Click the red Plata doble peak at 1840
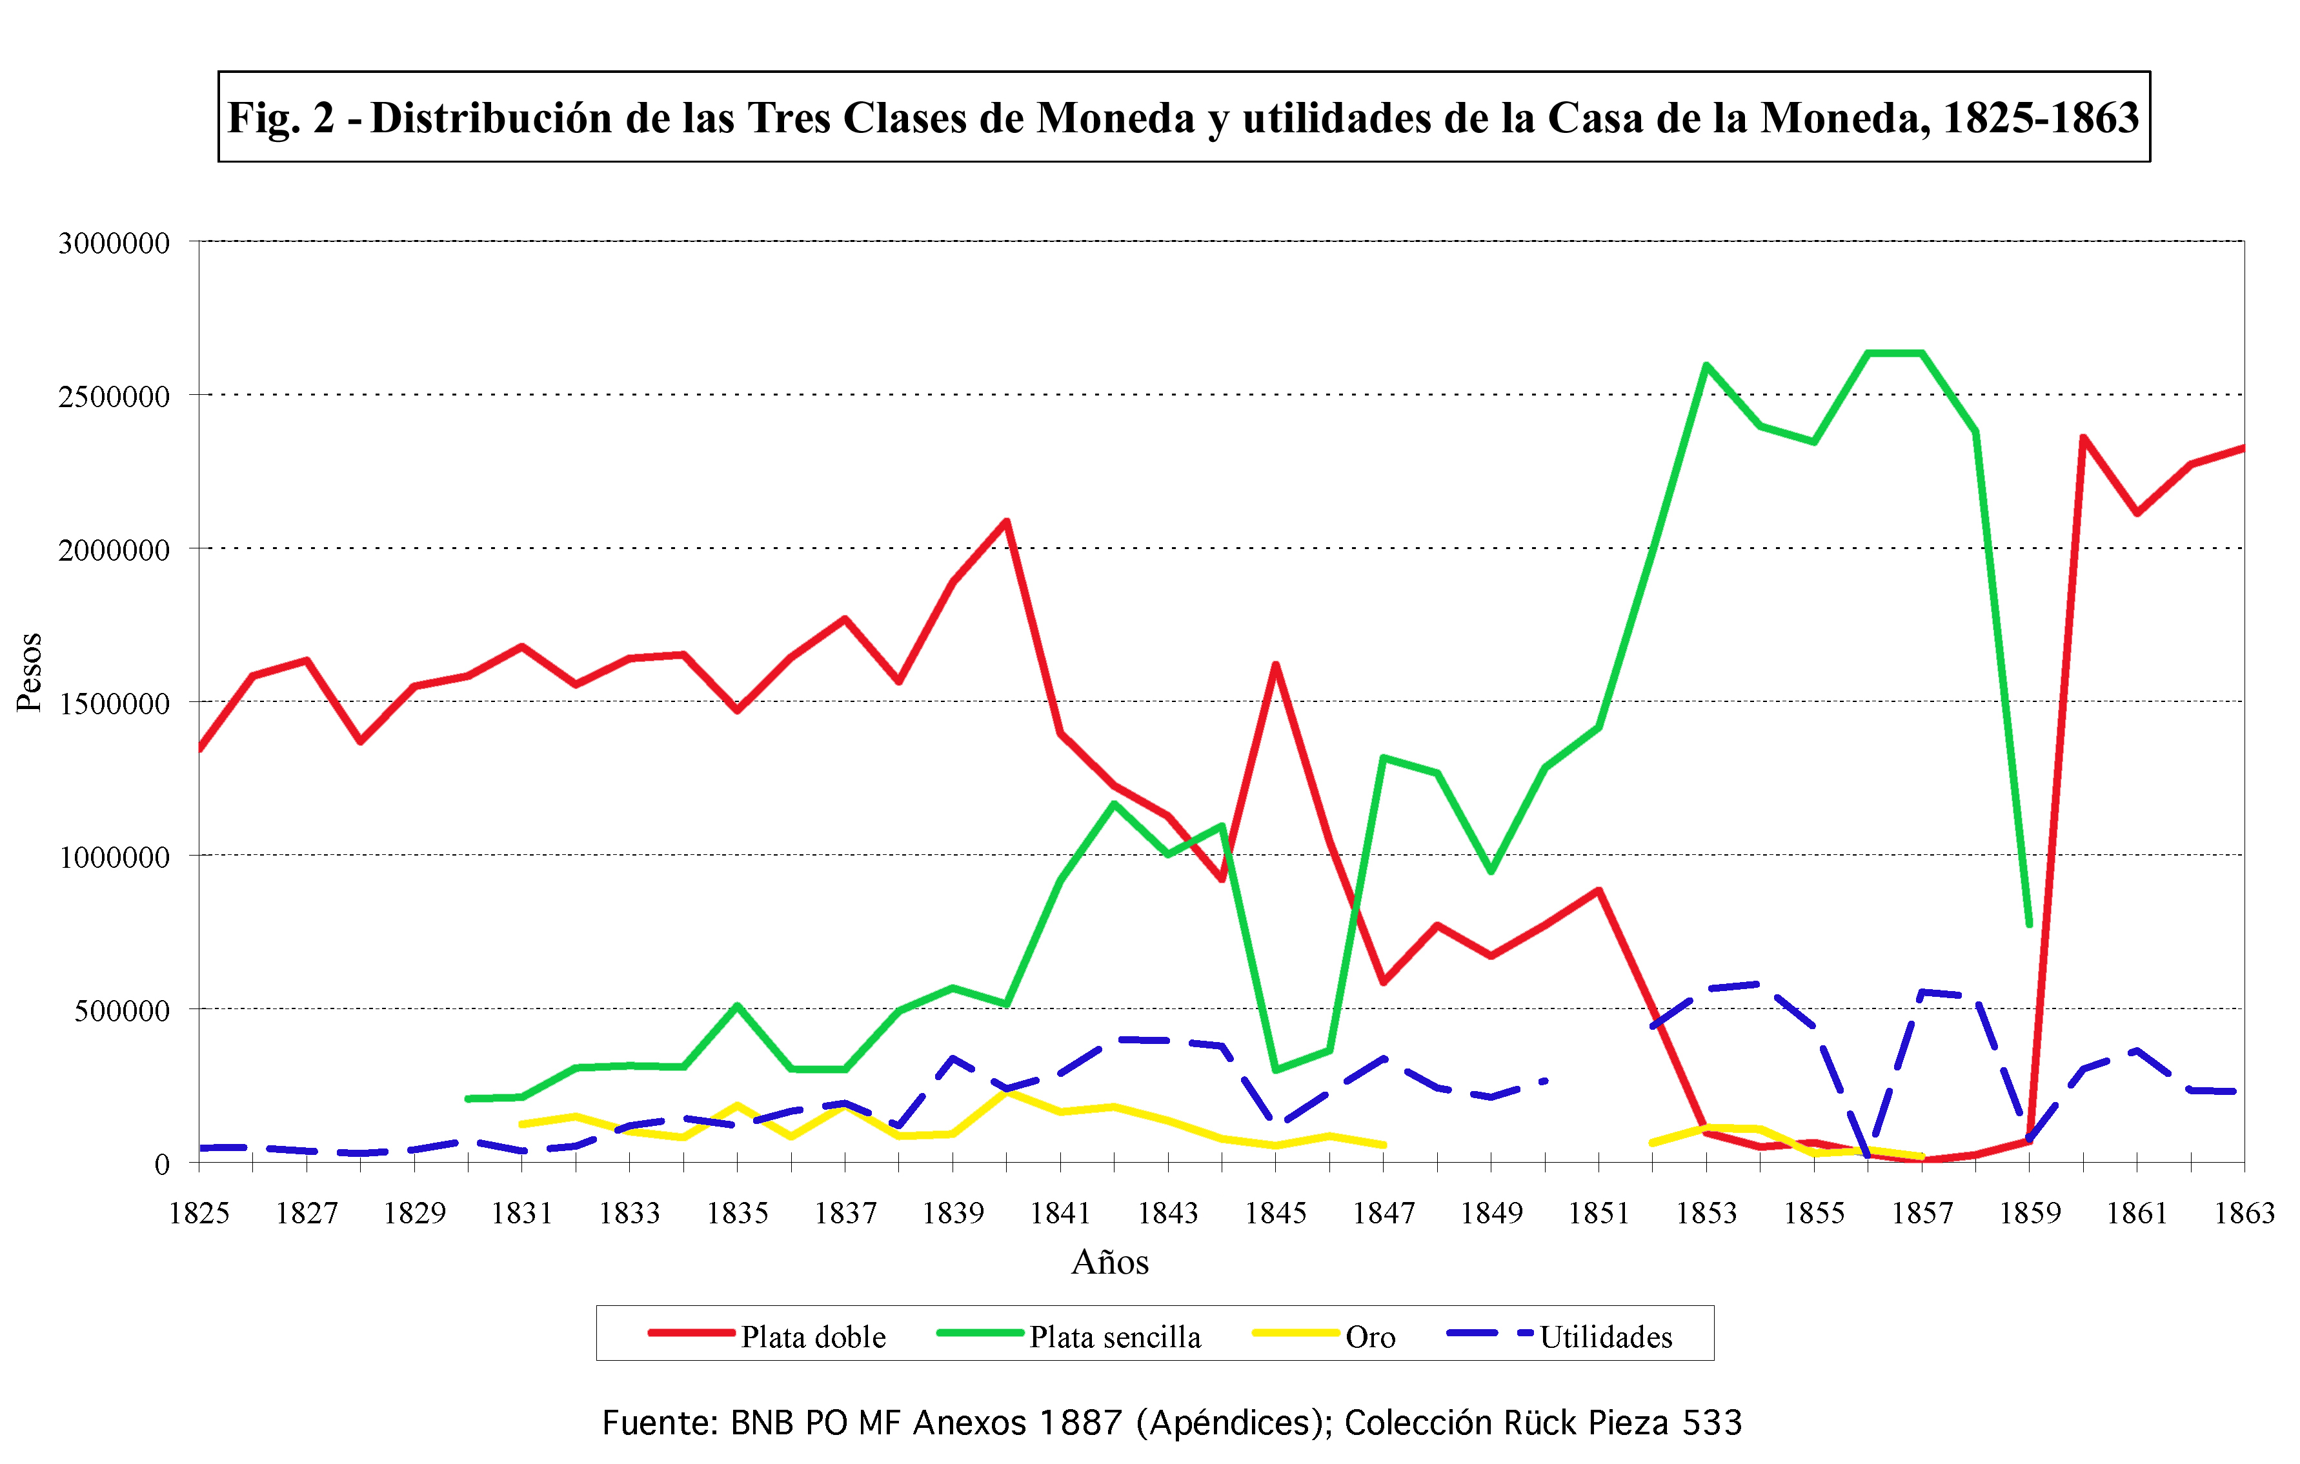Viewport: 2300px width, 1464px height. (1007, 521)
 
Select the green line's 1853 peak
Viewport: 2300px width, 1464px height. (1706, 366)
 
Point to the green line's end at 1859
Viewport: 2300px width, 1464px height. (2029, 923)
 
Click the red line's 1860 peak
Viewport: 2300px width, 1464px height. (2083, 438)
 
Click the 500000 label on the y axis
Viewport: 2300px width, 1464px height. (122, 1010)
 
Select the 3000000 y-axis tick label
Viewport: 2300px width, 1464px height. (114, 243)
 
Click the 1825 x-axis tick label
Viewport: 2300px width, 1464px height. (199, 1213)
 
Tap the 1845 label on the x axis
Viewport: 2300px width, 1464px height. (1275, 1213)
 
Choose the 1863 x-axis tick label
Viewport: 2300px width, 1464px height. (2244, 1213)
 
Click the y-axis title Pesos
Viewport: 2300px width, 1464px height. (30, 672)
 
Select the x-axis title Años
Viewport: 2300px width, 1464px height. (1110, 1263)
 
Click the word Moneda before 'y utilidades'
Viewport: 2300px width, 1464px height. (1116, 119)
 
